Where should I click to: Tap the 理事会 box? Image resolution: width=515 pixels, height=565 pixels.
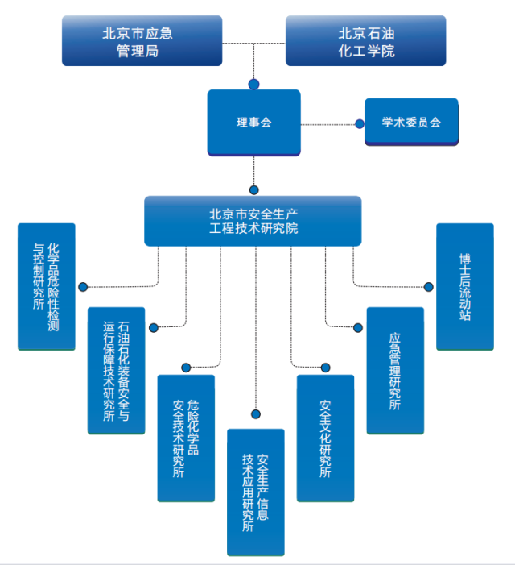[254, 123]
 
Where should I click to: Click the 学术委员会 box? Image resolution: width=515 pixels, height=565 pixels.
[411, 123]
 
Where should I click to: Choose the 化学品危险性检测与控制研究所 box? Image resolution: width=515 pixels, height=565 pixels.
[47, 287]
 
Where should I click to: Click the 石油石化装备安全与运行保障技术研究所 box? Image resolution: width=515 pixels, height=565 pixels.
[117, 370]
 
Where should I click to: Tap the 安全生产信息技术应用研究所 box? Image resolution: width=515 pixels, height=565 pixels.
[256, 492]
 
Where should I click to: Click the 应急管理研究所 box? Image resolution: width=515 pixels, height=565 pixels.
[395, 370]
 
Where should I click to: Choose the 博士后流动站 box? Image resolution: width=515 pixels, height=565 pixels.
[464, 287]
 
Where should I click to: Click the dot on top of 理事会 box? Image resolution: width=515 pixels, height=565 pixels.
[254, 84]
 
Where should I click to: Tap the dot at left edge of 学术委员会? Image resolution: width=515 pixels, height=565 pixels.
[360, 124]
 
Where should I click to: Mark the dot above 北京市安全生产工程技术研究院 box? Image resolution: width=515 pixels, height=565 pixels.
[254, 190]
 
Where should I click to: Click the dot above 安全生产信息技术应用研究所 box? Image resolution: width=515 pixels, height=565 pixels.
[256, 414]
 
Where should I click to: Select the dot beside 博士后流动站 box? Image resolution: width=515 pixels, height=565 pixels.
[428, 285]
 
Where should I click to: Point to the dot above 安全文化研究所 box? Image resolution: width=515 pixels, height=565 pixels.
[326, 368]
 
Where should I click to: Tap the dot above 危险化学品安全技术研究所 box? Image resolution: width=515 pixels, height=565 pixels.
[186, 368]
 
